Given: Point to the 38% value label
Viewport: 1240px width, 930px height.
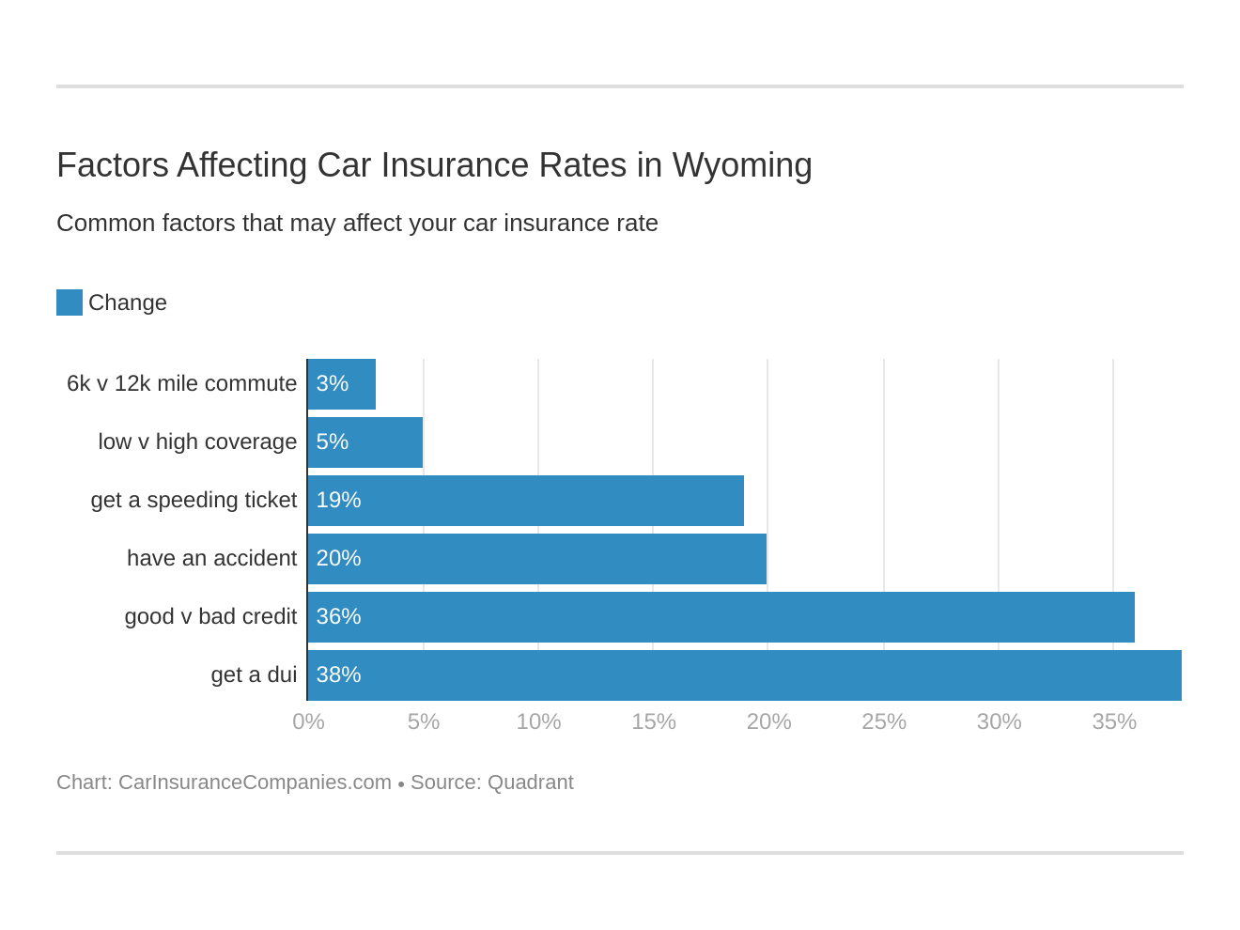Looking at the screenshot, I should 338,675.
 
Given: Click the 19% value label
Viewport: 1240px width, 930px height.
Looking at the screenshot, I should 338,501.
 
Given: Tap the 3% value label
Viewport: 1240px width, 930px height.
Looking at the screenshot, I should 333,384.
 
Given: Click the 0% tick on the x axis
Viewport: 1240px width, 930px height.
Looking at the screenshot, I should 308,721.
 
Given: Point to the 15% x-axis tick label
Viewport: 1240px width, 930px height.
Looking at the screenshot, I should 654,721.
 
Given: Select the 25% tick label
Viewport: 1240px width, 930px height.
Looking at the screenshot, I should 884,721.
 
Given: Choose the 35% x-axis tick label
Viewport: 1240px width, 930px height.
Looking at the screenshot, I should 1114,721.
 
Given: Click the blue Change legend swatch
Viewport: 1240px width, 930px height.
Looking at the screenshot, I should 70,302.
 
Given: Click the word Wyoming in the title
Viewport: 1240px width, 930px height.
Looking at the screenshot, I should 742,166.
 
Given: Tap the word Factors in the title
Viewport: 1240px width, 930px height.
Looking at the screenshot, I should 113,166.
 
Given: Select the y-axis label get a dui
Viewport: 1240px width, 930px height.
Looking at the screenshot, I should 254,675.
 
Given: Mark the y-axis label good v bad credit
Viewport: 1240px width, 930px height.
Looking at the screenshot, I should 210,617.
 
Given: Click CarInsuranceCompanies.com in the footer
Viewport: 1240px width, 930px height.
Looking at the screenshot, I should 255,783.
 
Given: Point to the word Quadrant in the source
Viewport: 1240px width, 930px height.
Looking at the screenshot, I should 530,783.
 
